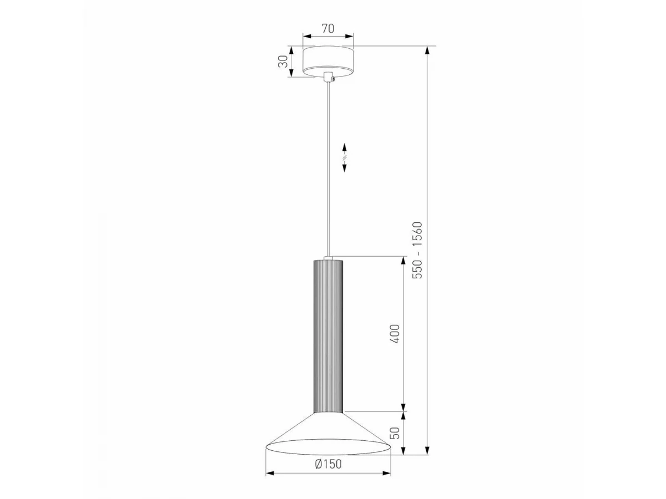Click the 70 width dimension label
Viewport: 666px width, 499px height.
[327, 28]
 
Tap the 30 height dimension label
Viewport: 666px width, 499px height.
[283, 62]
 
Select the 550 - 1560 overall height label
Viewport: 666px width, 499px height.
[417, 250]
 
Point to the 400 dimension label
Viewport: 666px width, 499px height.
[395, 334]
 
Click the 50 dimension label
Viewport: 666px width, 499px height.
[395, 433]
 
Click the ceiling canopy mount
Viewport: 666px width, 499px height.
[328, 61]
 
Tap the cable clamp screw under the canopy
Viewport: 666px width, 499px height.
[333, 79]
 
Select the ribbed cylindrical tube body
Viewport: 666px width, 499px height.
[329, 336]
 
